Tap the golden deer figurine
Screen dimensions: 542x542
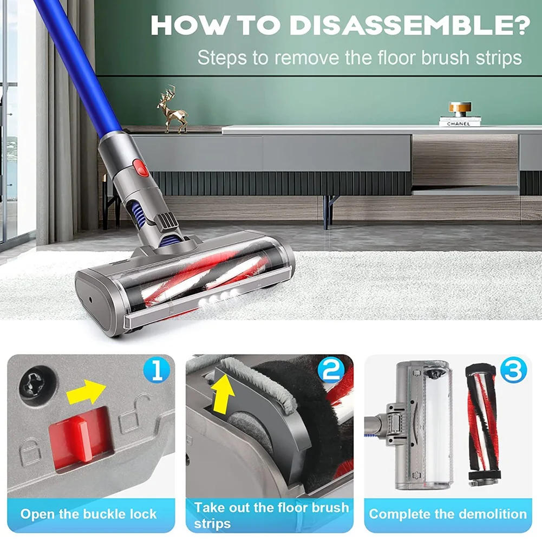(173, 109)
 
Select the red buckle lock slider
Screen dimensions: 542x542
(79, 436)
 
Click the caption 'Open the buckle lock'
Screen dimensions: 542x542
(88, 513)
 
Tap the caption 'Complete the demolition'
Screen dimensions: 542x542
(448, 513)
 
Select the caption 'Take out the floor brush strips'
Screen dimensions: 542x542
(270, 515)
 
